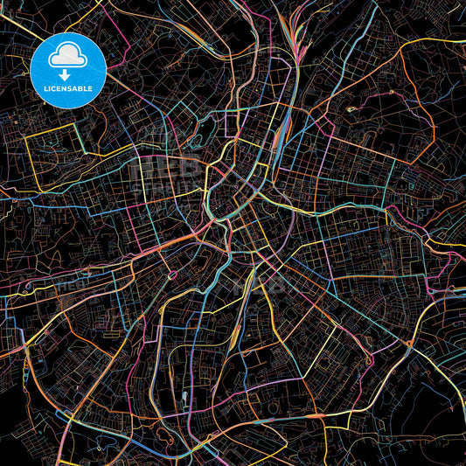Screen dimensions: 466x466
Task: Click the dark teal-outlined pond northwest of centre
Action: (195, 140)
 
